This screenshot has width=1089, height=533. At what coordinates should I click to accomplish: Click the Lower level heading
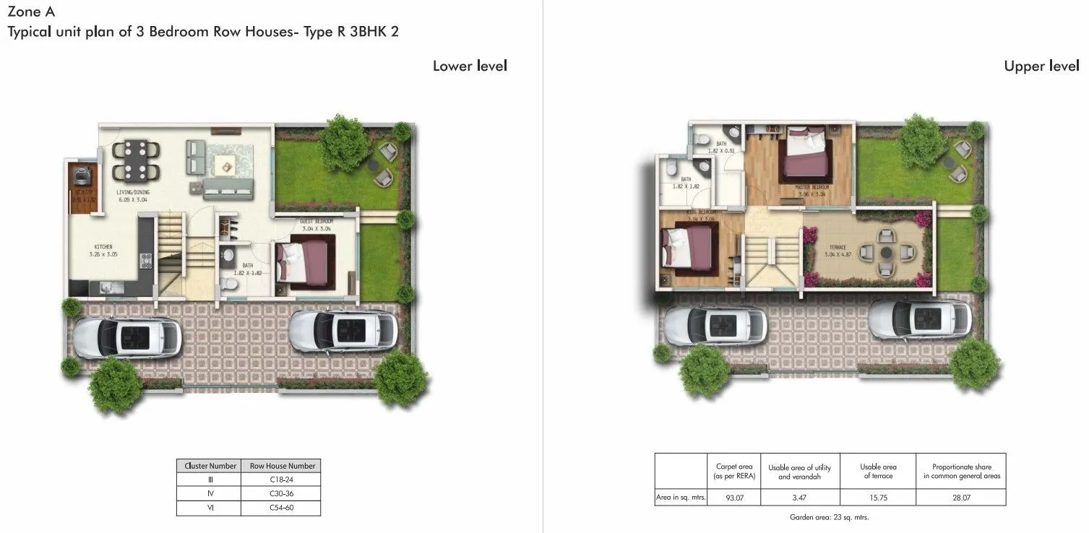pos(470,66)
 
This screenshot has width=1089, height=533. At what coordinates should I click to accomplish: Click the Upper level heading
pos(1041,66)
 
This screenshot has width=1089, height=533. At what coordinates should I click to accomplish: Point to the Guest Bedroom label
pos(316,224)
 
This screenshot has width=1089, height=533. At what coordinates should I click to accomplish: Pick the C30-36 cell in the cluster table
pos(280,494)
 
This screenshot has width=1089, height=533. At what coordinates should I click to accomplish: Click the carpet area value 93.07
pos(734,498)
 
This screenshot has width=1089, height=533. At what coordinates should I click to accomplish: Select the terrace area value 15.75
pos(879,498)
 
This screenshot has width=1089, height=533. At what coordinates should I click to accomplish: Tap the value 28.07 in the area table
pos(961,498)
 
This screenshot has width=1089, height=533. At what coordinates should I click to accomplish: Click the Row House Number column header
pos(280,467)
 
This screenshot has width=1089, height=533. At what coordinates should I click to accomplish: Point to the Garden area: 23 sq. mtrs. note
pos(829,518)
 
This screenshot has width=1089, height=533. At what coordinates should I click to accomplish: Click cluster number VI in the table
pos(209,508)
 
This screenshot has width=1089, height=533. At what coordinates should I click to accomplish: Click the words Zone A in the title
pos(30,12)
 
